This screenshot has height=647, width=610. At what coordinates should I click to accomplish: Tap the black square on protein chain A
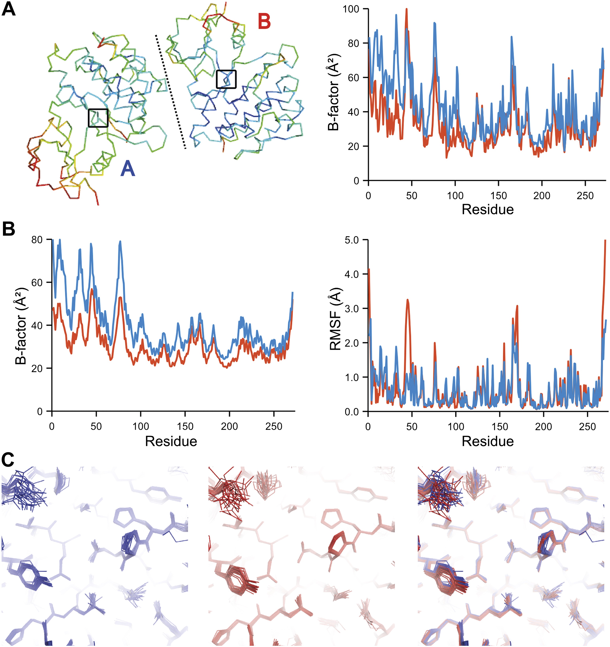[98, 118]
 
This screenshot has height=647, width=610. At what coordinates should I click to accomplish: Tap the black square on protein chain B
[226, 79]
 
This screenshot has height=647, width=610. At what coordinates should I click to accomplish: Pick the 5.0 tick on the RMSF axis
[351, 240]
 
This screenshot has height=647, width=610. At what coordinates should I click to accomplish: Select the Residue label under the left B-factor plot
[171, 441]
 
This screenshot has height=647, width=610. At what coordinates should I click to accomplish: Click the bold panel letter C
[8, 460]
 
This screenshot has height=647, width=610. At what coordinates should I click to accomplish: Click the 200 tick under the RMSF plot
[543, 426]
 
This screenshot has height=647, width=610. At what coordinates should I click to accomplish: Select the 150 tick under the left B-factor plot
[185, 426]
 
